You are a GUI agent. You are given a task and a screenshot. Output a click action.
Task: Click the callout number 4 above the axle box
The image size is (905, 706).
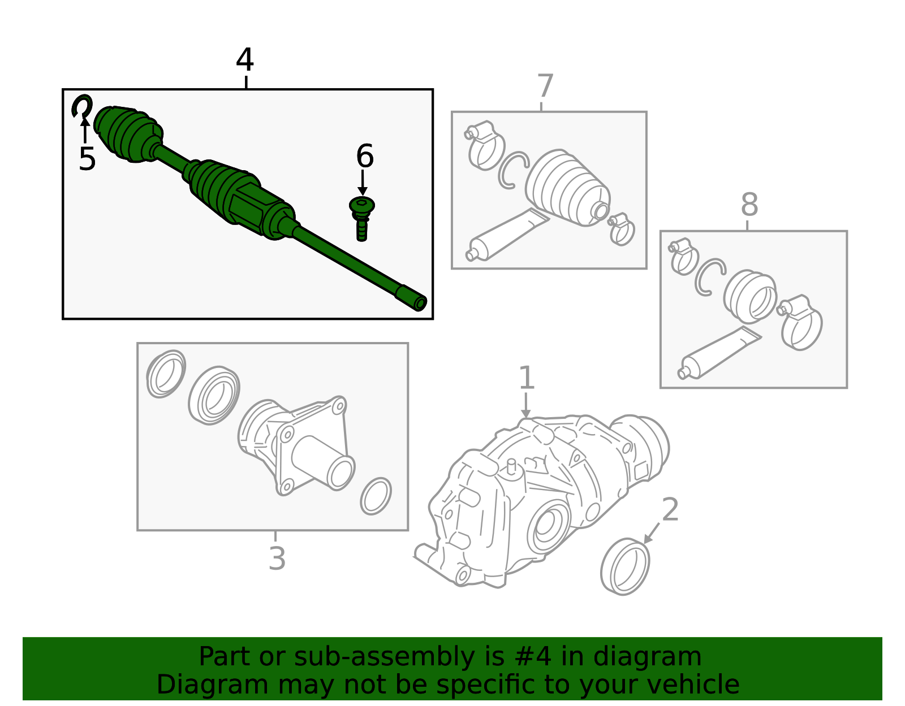coord(245,60)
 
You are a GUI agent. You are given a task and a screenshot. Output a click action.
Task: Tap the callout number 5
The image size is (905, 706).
coord(87,159)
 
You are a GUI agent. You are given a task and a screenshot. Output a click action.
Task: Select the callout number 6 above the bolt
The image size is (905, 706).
coord(365,157)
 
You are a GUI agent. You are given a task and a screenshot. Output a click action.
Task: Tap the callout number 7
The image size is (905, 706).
coord(545,86)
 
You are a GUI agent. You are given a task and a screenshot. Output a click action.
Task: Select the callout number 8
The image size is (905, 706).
coord(749,205)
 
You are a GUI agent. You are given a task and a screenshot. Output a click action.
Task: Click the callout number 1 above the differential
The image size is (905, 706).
coord(527,378)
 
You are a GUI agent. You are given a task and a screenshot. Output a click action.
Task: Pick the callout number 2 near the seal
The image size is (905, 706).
coord(670,510)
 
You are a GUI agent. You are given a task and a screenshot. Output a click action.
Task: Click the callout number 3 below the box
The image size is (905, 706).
coord(277,558)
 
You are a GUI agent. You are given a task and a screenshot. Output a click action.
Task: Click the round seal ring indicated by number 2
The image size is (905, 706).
coord(625,567)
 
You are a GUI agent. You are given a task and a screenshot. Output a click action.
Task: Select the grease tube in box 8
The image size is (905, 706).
coord(718,353)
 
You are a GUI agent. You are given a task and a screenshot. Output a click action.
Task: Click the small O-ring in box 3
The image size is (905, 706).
coord(376,496)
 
